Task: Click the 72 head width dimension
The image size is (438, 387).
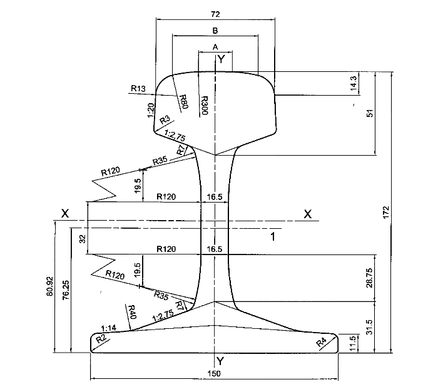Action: [215, 13]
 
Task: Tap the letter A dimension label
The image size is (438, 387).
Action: [215, 47]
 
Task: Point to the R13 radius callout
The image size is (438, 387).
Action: [138, 88]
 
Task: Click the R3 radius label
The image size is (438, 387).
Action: [165, 119]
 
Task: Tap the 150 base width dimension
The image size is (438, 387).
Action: [215, 373]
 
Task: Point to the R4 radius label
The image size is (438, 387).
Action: [321, 342]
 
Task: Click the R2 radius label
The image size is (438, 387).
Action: [101, 339]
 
